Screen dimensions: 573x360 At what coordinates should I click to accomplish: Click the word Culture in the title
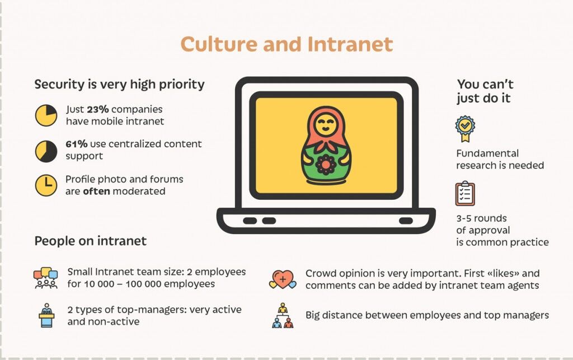(x=219, y=44)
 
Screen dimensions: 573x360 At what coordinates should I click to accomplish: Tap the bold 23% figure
(x=97, y=109)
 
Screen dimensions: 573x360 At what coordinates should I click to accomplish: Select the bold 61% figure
(x=76, y=144)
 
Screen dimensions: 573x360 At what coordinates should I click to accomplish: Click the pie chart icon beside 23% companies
(x=46, y=115)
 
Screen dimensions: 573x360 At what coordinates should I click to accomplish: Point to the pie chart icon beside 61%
(x=46, y=151)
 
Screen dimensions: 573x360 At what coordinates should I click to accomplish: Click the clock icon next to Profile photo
(x=46, y=185)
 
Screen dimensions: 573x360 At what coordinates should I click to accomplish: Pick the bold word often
(x=96, y=191)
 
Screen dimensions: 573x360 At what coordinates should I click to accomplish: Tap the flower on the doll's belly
(x=326, y=165)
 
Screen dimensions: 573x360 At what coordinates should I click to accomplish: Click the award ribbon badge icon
(x=465, y=129)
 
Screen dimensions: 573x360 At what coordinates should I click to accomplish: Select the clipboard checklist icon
(x=465, y=193)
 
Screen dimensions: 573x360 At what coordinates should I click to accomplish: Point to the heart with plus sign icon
(x=283, y=279)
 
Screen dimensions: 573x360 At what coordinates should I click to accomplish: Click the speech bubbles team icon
(x=46, y=278)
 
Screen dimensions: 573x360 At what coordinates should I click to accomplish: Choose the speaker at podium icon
(x=46, y=315)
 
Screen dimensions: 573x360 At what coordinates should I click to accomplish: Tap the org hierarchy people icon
(x=283, y=315)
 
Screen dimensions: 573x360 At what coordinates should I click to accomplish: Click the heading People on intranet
(x=90, y=241)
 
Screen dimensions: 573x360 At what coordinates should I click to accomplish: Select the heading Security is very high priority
(x=120, y=85)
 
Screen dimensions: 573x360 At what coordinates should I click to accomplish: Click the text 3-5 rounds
(x=481, y=218)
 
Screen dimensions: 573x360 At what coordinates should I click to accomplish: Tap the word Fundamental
(x=487, y=153)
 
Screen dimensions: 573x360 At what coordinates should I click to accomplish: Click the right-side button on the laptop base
(x=406, y=221)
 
